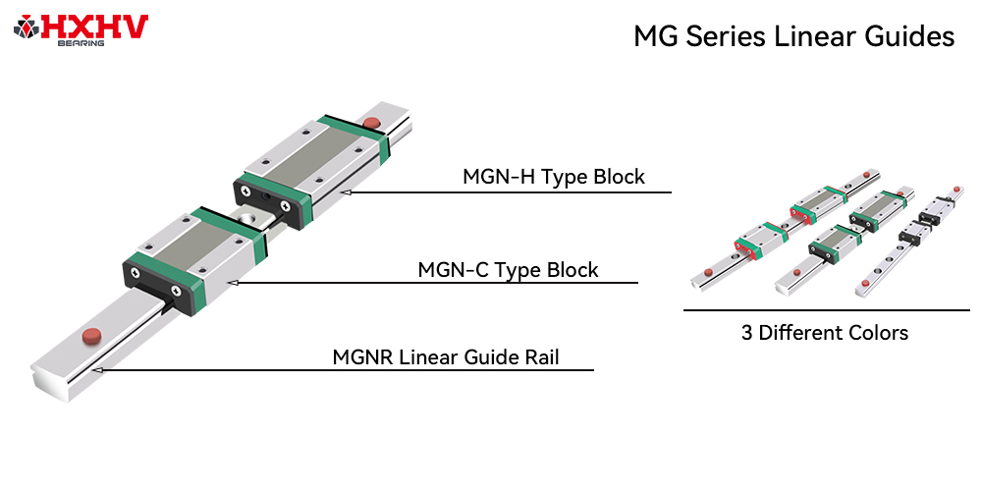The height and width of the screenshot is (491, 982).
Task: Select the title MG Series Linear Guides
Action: point(793,37)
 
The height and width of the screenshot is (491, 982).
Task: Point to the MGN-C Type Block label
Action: point(508,269)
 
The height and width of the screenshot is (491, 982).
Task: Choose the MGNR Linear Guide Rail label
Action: point(446,356)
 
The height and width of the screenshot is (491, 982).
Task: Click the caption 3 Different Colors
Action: point(825,333)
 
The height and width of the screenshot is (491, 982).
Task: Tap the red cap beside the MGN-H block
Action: point(371,123)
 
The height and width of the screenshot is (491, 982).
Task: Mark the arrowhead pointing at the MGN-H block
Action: point(346,192)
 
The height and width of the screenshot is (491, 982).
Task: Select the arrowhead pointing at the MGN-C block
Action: point(231,283)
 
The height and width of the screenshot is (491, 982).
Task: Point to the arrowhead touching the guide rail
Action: point(99,370)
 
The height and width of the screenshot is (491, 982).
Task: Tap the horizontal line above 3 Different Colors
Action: point(825,310)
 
